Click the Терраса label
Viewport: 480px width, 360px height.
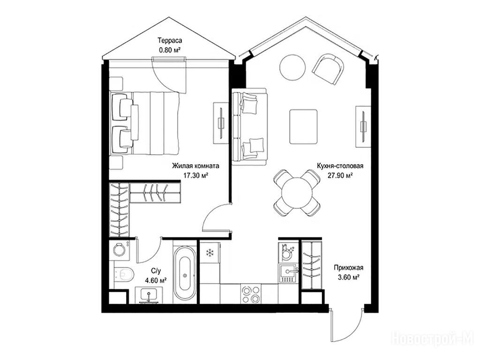pyautogui.click(x=170, y=40)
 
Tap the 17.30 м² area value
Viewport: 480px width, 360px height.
pyautogui.click(x=195, y=175)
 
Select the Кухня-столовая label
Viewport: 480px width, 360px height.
pyautogui.click(x=340, y=166)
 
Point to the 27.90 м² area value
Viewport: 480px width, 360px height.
pyautogui.click(x=340, y=175)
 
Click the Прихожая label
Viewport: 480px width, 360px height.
pyautogui.click(x=348, y=268)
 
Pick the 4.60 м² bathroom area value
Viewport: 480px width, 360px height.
pyautogui.click(x=156, y=280)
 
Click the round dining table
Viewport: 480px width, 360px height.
pyautogui.click(x=297, y=193)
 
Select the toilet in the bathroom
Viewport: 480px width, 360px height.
pyautogui.click(x=124, y=274)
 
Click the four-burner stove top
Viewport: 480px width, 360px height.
pyautogui.click(x=251, y=294)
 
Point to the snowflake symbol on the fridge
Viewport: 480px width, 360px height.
pyautogui.click(x=210, y=253)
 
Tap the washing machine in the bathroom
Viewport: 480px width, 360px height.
pyautogui.click(x=119, y=250)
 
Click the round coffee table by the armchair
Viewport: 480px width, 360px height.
pyautogui.click(x=292, y=67)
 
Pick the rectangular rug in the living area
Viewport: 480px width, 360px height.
pyautogui.click(x=303, y=127)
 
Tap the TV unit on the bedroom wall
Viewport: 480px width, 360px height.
pyautogui.click(x=221, y=123)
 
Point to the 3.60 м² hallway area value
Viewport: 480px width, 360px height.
pyautogui.click(x=348, y=277)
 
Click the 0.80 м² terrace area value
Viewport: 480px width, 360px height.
pyautogui.click(x=169, y=50)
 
